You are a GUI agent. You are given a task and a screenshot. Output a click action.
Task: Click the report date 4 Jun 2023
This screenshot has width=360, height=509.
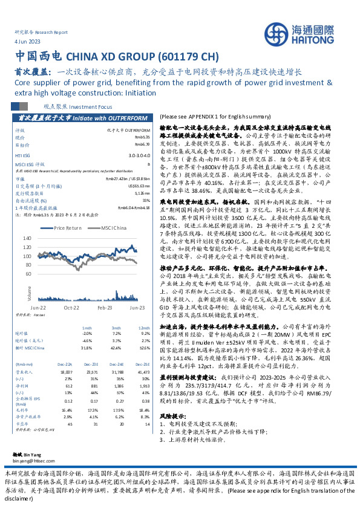pyautogui.click(x=23, y=41)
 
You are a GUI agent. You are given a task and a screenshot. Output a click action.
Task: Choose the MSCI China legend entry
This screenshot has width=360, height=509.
pyautogui.click(x=113, y=228)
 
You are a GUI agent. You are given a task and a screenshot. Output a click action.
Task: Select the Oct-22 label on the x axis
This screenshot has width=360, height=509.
pyautogui.click(x=71, y=308)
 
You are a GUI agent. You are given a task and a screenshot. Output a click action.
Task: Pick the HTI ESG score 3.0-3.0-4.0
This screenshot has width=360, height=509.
pyautogui.click(x=140, y=155)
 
